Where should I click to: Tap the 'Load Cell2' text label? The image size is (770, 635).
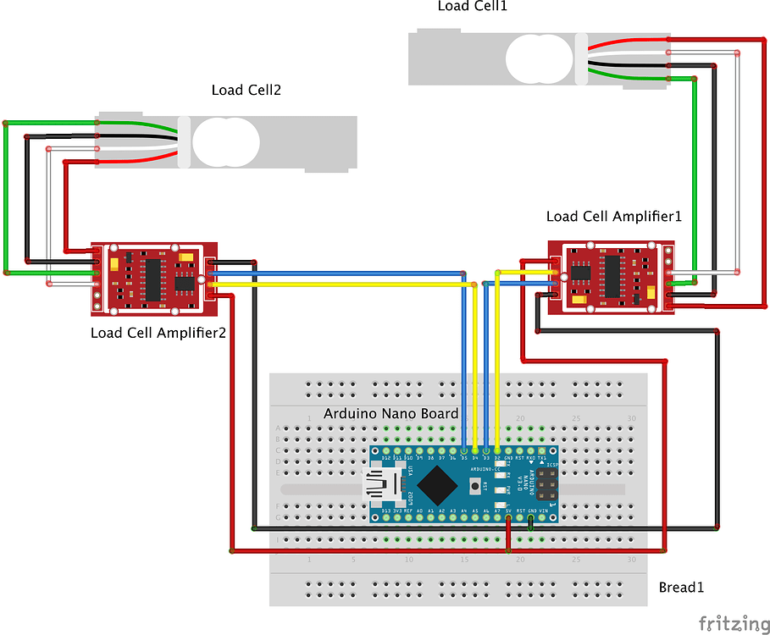(x=246, y=90)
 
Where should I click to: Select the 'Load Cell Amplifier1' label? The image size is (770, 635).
(x=613, y=217)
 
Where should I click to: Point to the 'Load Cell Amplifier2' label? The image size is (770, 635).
(x=158, y=333)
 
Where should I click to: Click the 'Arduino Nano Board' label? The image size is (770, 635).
(x=391, y=414)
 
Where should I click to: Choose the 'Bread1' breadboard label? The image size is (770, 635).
(x=681, y=587)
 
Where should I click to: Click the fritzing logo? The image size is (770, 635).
(x=728, y=623)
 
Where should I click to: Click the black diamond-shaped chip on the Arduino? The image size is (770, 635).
(x=438, y=484)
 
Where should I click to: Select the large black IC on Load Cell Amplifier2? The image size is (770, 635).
(x=153, y=280)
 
